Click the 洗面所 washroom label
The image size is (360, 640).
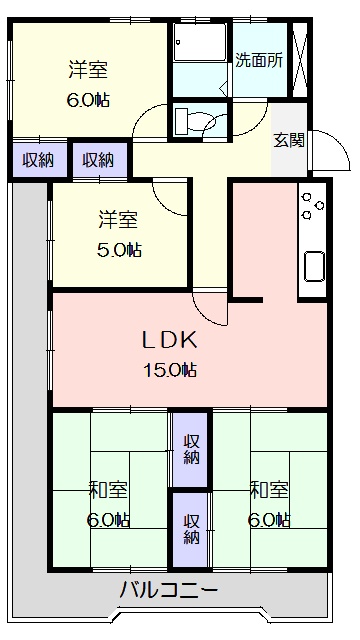point(259,59)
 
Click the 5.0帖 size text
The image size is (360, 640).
point(119,250)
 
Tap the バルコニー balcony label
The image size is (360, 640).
point(169,590)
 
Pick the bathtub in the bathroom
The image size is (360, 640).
point(200,45)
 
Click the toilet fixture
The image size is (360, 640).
point(196,121)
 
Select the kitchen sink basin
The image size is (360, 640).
point(312,267)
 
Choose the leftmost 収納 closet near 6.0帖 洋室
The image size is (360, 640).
point(39,160)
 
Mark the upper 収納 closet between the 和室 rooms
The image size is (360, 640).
point(191,449)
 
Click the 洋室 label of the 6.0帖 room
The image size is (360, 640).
point(88,70)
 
